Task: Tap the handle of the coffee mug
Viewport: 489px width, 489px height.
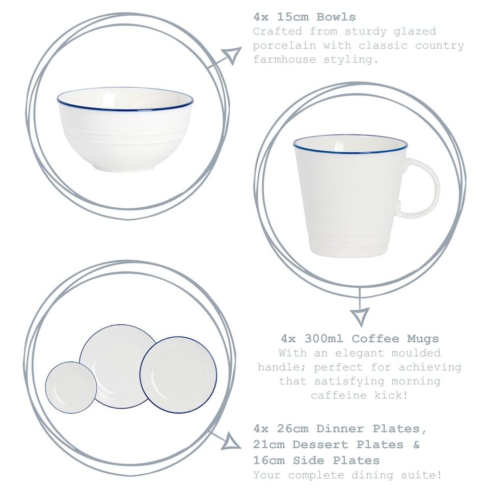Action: (422, 188)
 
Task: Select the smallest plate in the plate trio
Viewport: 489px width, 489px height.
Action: (71, 387)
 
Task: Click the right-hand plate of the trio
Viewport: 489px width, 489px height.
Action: (178, 375)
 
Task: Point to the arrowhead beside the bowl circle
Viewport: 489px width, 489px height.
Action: (232, 55)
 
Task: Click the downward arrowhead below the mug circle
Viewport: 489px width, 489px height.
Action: (361, 316)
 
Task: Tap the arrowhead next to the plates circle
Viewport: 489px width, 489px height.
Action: (232, 441)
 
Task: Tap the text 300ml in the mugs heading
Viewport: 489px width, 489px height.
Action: (321, 338)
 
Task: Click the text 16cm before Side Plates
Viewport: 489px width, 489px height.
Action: (271, 460)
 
